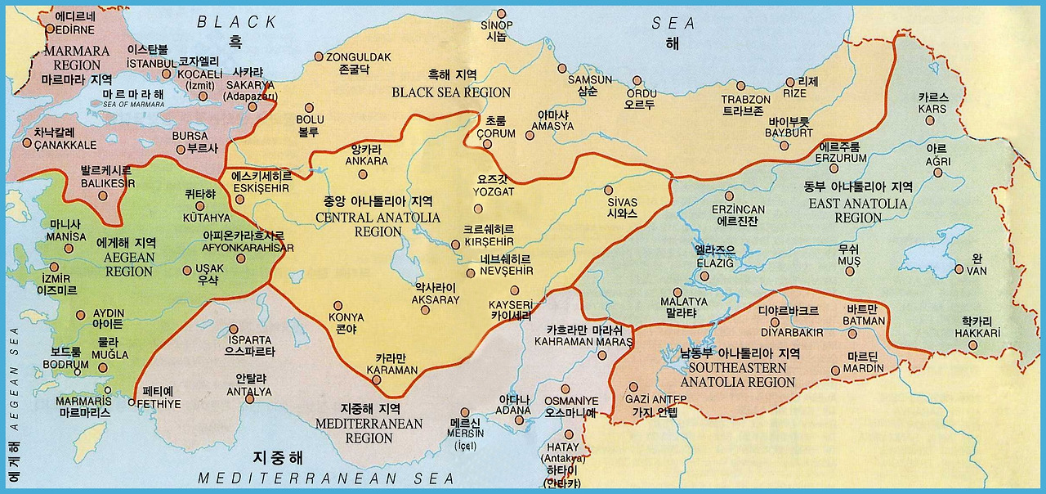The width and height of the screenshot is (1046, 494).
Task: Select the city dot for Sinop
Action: tap(502, 13)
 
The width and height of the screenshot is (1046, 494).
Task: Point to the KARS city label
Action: tap(932, 109)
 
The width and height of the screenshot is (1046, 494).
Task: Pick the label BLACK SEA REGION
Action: tap(451, 92)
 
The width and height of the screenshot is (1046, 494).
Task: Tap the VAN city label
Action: tap(977, 271)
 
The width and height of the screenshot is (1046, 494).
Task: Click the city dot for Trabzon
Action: tap(740, 85)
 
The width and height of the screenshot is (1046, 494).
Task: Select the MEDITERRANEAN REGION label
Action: tap(369, 430)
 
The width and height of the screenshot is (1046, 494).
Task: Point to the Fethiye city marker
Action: tap(132, 402)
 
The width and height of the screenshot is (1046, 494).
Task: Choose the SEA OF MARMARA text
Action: tap(134, 104)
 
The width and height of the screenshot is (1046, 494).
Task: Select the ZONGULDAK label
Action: tap(359, 57)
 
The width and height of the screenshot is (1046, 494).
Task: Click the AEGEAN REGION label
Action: tap(128, 264)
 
